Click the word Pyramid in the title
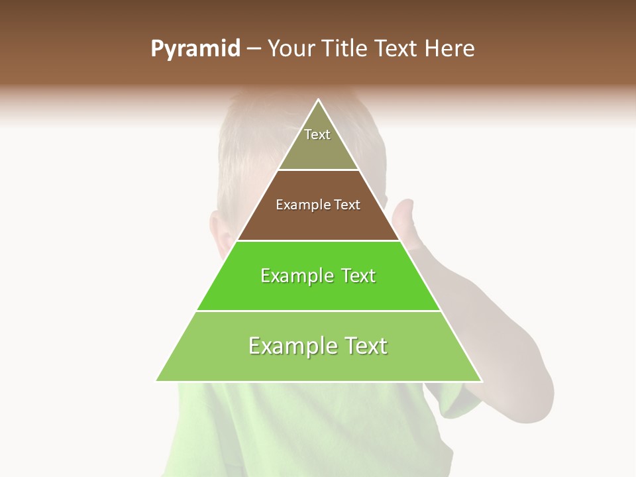tap(195, 49)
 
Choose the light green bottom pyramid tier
tap(318, 364)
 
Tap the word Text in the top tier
tap(317, 134)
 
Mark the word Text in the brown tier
tap(348, 205)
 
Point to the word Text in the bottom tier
tap(363, 346)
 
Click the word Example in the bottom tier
tap(291, 346)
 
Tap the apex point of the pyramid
tap(319, 100)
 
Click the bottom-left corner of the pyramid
tap(157, 381)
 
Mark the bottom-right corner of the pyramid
tap(481, 381)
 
